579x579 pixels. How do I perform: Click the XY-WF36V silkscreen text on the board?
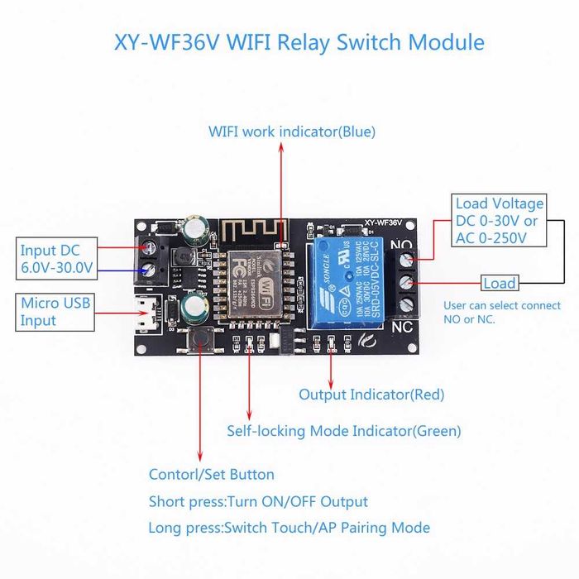click(x=381, y=223)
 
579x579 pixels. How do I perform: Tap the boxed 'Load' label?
click(x=499, y=284)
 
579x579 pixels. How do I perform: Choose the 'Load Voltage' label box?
click(x=500, y=221)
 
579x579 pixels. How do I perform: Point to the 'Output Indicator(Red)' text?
click(x=371, y=395)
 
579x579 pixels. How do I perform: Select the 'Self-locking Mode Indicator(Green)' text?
click(x=344, y=431)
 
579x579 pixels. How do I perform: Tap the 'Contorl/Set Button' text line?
click(x=211, y=475)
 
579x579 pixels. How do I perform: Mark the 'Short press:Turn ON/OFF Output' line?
click(x=258, y=502)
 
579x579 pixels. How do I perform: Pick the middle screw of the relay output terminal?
click(x=407, y=285)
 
